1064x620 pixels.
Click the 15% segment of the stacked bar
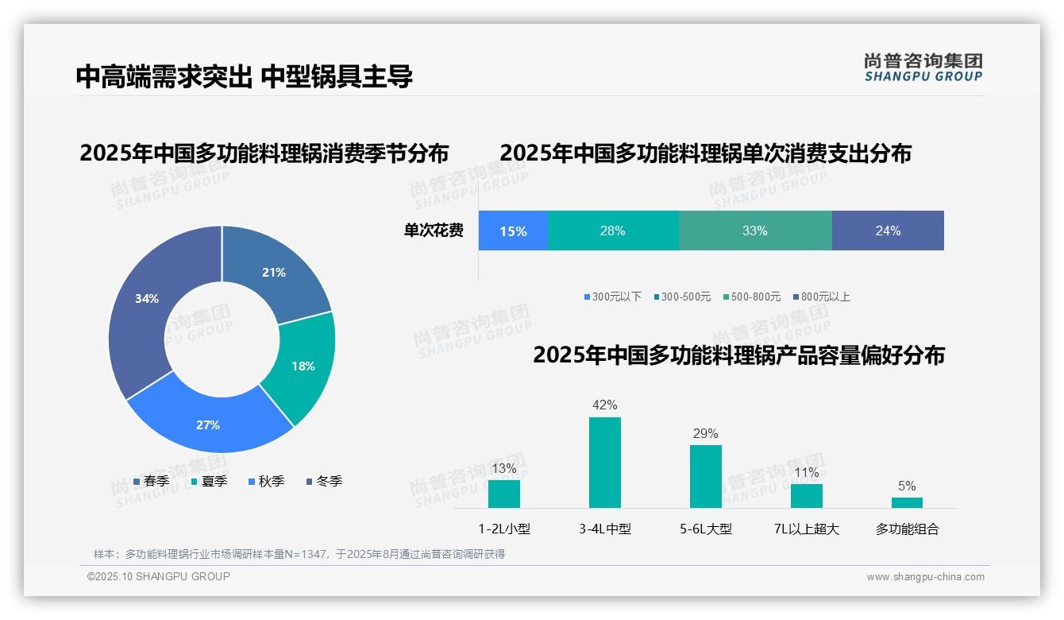pyautogui.click(x=513, y=231)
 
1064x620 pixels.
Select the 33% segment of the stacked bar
pyautogui.click(x=755, y=231)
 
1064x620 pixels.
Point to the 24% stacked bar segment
pyautogui.click(x=888, y=231)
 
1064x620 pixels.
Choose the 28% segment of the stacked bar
pyautogui.click(x=613, y=231)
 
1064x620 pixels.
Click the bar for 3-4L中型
pyautogui.click(x=604, y=463)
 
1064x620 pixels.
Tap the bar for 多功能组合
pyautogui.click(x=907, y=502)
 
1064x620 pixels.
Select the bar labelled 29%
pyautogui.click(x=705, y=476)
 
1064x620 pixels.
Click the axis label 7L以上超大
pyautogui.click(x=806, y=529)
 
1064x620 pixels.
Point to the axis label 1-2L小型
pyautogui.click(x=504, y=529)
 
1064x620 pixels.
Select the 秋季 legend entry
pyautogui.click(x=266, y=481)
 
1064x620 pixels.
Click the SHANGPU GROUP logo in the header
pyautogui.click(x=923, y=68)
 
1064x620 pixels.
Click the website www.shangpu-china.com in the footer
pyautogui.click(x=925, y=576)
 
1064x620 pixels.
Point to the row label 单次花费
pyautogui.click(x=434, y=231)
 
